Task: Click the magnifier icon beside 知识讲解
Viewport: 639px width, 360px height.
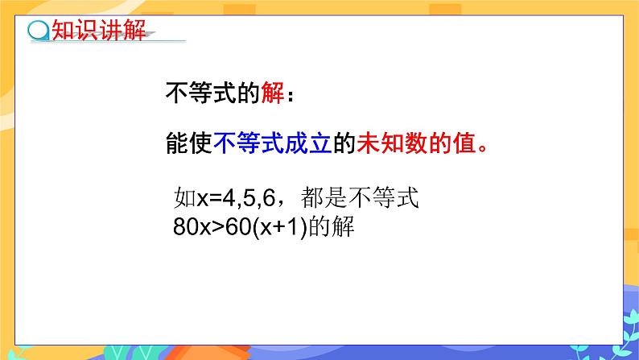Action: [38, 32]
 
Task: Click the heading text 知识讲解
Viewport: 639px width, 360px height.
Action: [98, 31]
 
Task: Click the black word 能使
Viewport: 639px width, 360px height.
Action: [188, 144]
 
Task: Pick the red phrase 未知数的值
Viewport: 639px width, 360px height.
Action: [415, 144]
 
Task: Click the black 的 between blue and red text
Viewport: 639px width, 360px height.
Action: [344, 144]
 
